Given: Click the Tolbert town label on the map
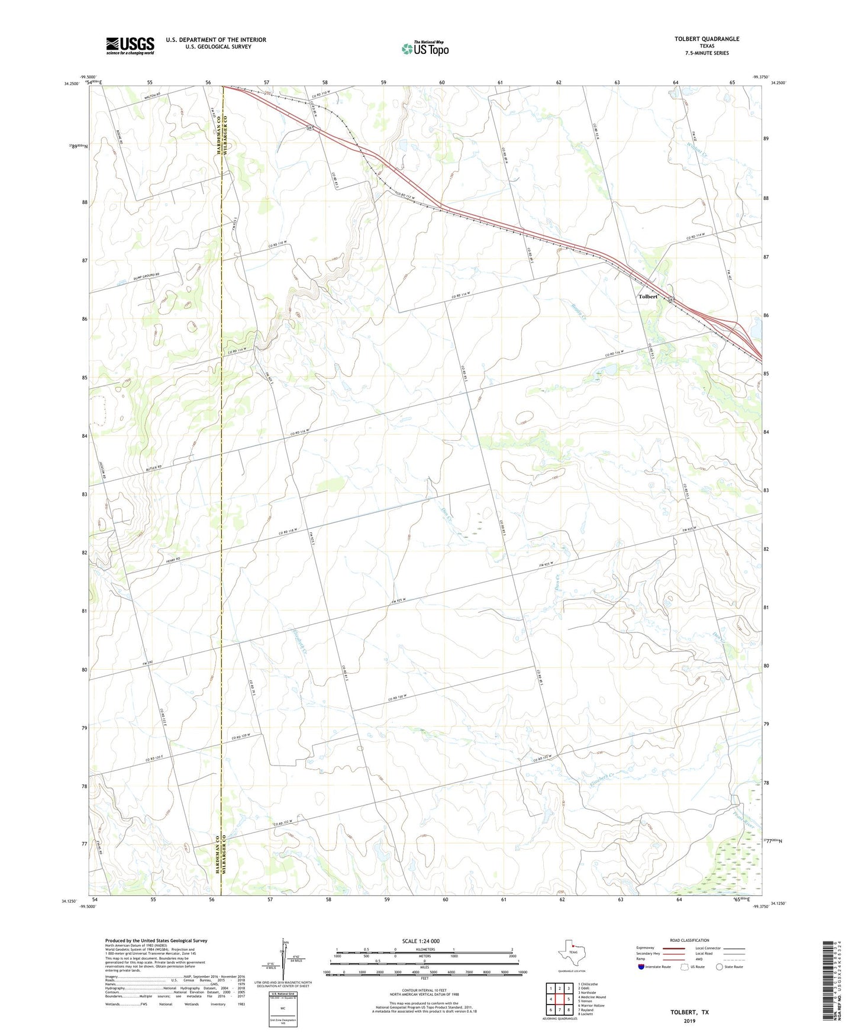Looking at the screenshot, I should point(648,296).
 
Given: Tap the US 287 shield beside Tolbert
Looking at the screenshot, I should point(671,300).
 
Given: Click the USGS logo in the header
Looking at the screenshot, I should point(130,46).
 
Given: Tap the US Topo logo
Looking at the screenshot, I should point(425,49).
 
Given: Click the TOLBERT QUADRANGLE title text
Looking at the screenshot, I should point(706,39).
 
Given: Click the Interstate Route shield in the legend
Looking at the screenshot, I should point(642,967).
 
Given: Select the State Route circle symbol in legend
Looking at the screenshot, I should point(720,967).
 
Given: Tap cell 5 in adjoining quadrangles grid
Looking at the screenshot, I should point(568,999).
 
